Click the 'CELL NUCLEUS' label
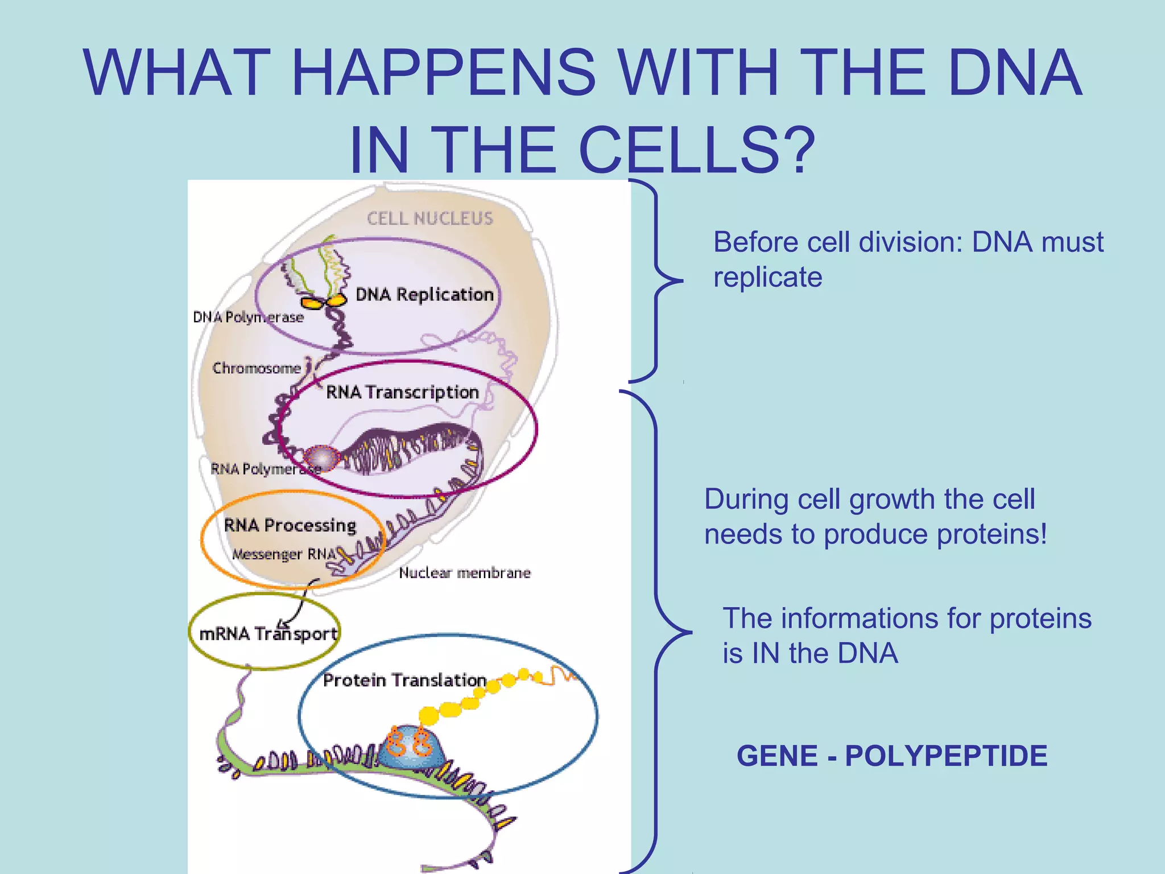click(x=429, y=218)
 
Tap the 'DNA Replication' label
click(x=424, y=295)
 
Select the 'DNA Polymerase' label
click(x=249, y=317)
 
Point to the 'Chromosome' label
click(x=257, y=368)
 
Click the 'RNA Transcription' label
click(x=402, y=392)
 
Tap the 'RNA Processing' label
click(x=290, y=525)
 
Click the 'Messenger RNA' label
click(x=283, y=554)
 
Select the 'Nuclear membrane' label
click(x=465, y=573)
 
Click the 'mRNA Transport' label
click(x=268, y=634)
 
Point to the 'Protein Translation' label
click(x=404, y=680)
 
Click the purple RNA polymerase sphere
click(x=321, y=457)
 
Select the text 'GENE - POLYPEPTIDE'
click(x=892, y=756)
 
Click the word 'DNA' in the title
click(x=1015, y=72)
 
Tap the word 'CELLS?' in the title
click(x=697, y=150)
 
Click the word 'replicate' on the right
click(x=768, y=277)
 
